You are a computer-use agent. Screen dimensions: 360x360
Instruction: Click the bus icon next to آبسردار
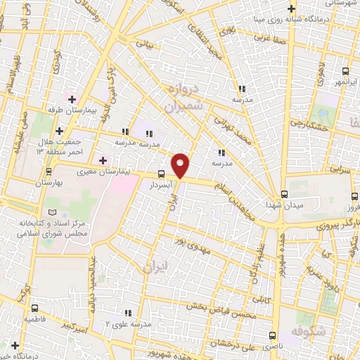click(162, 174)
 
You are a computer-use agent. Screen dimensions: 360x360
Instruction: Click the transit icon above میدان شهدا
click(284, 193)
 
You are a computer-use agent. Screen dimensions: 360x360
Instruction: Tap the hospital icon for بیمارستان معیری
click(103, 160)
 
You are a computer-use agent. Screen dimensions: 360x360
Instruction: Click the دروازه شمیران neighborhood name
click(184, 97)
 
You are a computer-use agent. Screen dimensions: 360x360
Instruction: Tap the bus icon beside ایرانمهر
click(345, 71)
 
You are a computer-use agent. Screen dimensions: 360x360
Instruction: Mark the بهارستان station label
click(49, 181)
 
